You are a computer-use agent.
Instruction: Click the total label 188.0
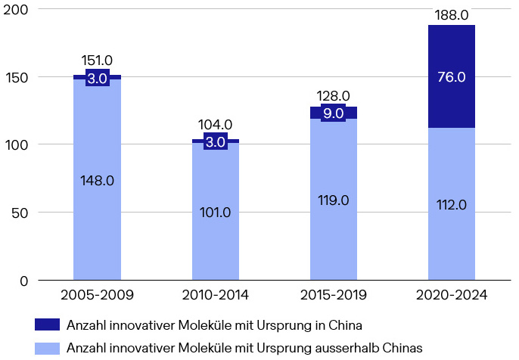[x=452, y=15]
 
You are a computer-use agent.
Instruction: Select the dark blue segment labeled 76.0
[x=452, y=76]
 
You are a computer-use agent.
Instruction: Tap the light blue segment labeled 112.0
[x=452, y=204]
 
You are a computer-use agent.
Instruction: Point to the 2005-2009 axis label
[x=97, y=294]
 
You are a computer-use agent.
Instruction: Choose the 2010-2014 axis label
[x=215, y=294]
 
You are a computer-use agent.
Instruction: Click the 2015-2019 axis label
[x=334, y=294]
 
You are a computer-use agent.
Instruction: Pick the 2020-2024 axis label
[x=452, y=294]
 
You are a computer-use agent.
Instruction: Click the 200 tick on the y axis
[x=16, y=10]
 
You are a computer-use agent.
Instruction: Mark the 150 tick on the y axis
[x=17, y=78]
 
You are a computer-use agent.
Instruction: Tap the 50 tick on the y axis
[x=20, y=213]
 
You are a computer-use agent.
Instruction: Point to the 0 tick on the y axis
[x=24, y=281]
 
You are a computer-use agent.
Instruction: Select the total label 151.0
[x=97, y=61]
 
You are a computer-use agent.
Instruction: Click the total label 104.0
[x=215, y=125]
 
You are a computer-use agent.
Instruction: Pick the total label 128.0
[x=334, y=96]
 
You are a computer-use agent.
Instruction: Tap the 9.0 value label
[x=334, y=113]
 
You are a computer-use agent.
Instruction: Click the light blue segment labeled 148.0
[x=97, y=180]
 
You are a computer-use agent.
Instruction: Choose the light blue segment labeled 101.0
[x=215, y=212]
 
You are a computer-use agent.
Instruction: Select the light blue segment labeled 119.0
[x=334, y=199]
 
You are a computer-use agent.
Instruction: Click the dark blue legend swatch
[x=47, y=324]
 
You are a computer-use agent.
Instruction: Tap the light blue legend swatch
[x=47, y=349]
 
